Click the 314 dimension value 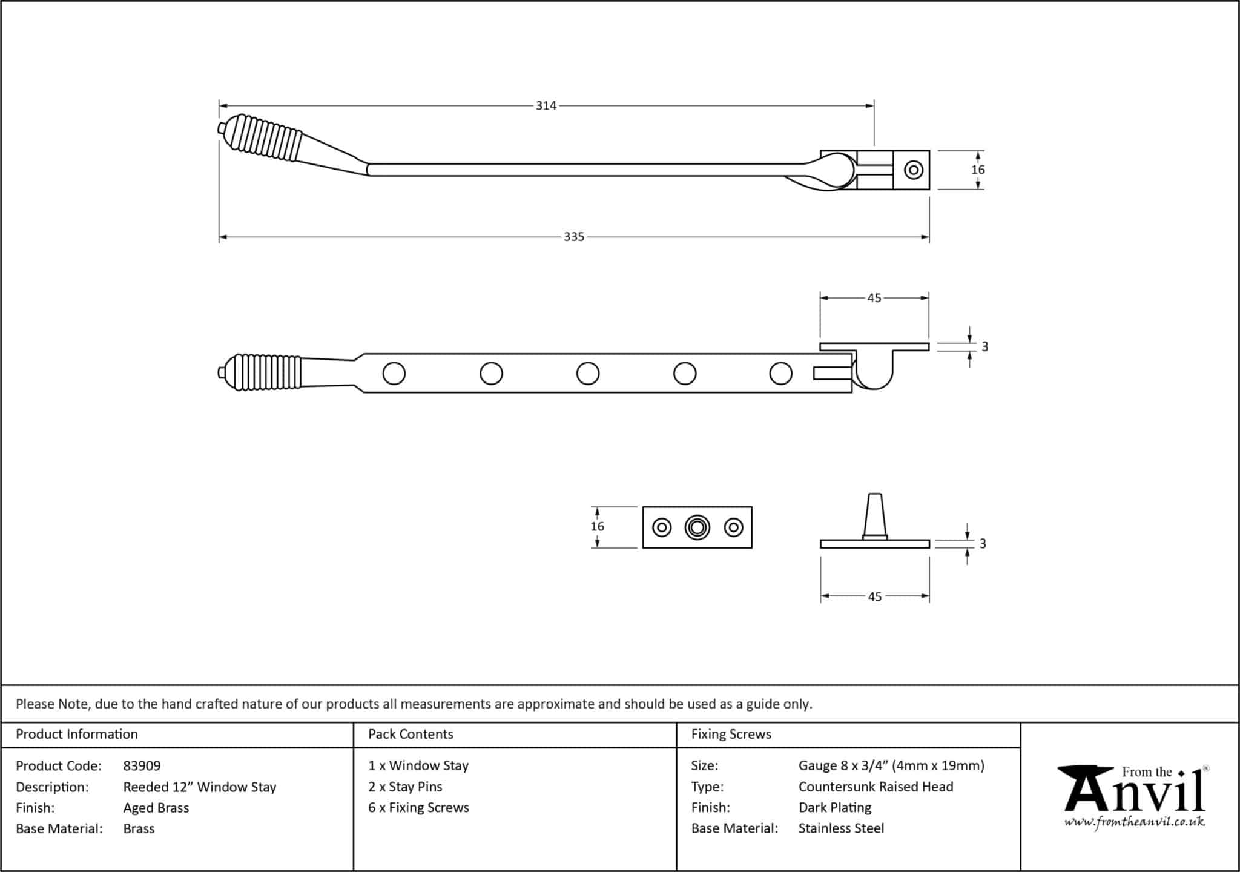coord(546,106)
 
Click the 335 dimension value coord(574,237)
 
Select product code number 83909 coord(142,766)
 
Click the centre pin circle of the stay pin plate coord(697,527)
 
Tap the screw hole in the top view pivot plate coord(914,170)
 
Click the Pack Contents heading coord(411,734)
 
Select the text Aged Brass coord(156,808)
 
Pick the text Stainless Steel coord(841,828)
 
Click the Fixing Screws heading coord(731,734)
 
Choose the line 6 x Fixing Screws coord(418,808)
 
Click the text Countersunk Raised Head coord(876,787)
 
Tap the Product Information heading coord(77,734)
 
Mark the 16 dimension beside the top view coord(978,170)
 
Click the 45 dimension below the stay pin coord(874,596)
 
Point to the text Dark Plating coord(835,808)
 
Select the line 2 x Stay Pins coord(405,787)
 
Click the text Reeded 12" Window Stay coord(200,787)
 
